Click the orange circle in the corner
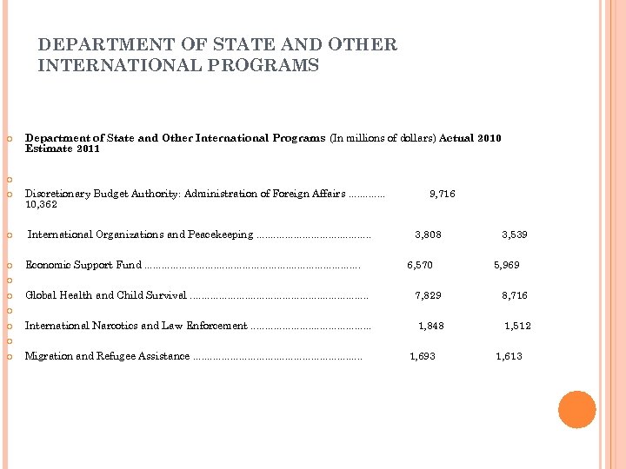pos(576,409)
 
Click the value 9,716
pos(443,195)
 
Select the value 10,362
pos(42,205)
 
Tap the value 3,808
pos(428,234)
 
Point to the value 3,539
pos(514,234)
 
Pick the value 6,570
pos(420,265)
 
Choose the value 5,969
pos(507,265)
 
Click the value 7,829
pos(428,295)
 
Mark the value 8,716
pos(514,295)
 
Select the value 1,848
pos(431,326)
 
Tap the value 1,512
pos(518,326)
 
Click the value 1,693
pos(423,356)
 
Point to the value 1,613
pos(509,356)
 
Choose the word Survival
pos(166,295)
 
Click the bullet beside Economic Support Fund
pos(9,265)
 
